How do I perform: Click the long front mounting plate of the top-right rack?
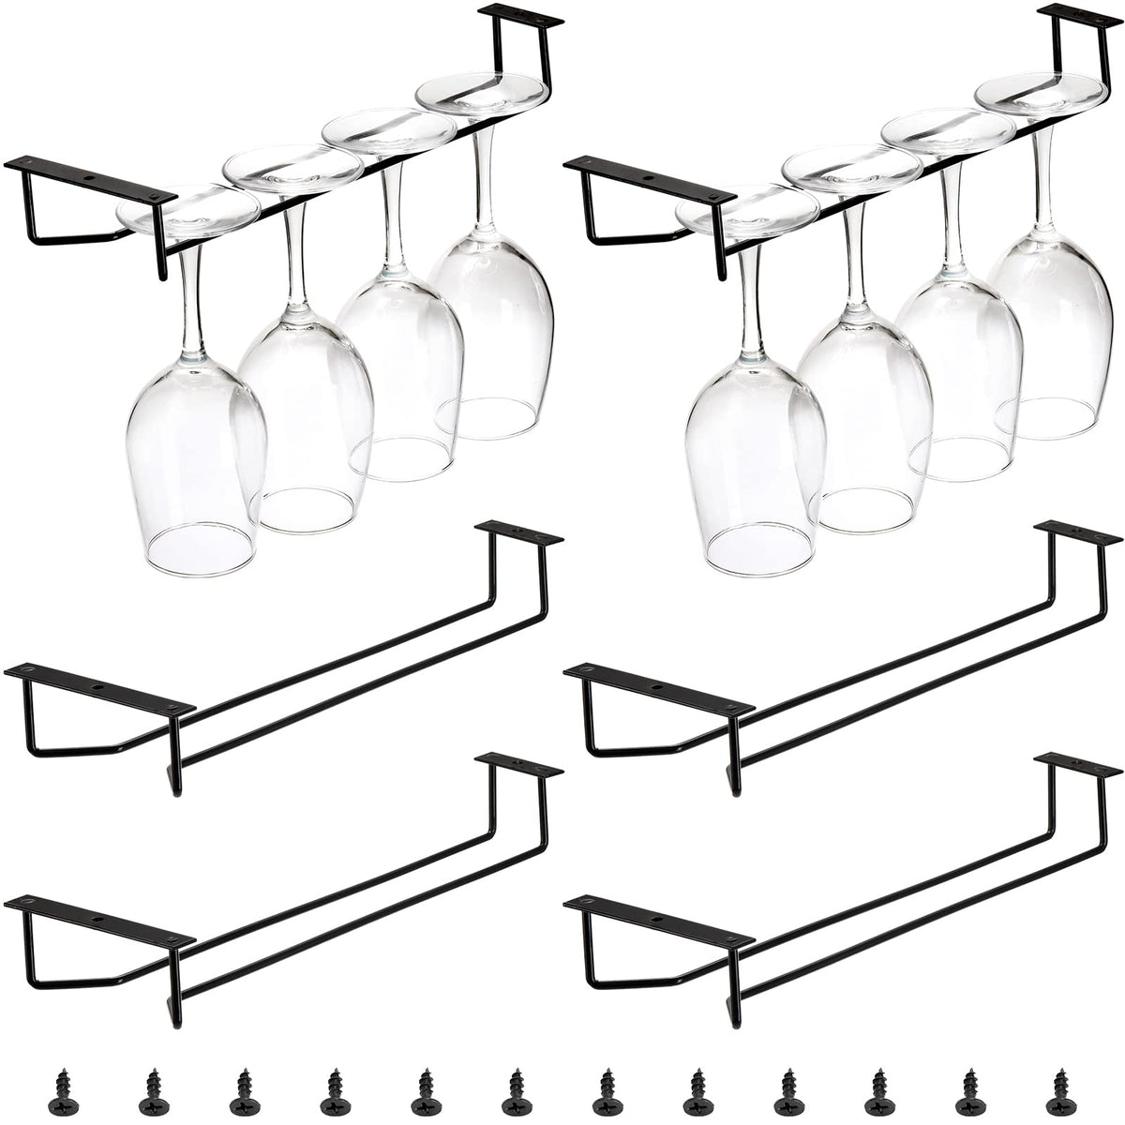point(651,180)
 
